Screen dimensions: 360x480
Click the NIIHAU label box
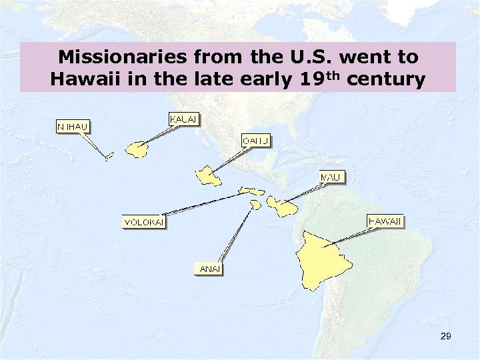tap(74, 126)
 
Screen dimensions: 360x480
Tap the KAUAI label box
tap(184, 119)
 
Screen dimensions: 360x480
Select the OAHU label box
tap(255, 141)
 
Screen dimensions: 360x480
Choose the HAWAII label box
tap(385, 221)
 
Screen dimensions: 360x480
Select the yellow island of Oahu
tap(208, 177)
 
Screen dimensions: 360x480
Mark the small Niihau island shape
tap(109, 157)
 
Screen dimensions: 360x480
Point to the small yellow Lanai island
tap(255, 205)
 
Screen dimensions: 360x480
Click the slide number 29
tap(446, 337)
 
